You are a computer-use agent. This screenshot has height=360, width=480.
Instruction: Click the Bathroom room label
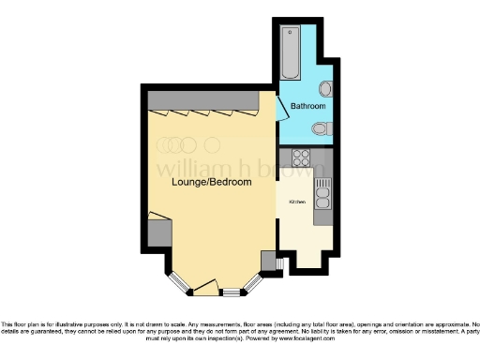307,107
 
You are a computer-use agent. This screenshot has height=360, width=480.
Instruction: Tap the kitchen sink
323,195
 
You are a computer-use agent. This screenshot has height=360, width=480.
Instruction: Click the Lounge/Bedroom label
211,183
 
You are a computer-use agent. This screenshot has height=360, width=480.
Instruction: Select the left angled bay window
176,281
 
